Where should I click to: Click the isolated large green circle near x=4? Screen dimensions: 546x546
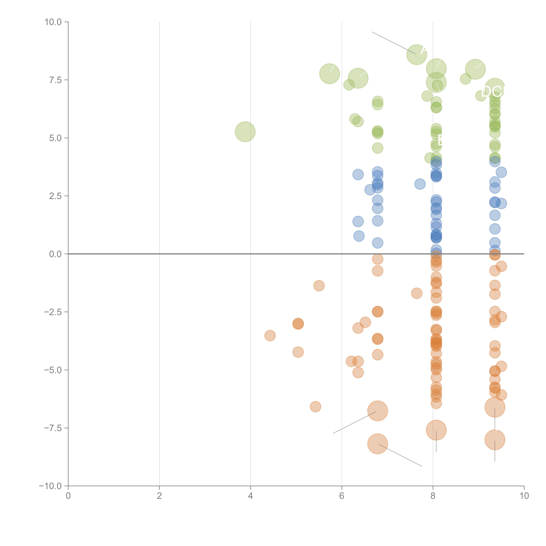245,132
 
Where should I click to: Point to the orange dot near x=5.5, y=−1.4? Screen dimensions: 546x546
319,286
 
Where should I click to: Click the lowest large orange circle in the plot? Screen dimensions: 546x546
378,444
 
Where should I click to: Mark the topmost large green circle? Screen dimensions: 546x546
417,54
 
